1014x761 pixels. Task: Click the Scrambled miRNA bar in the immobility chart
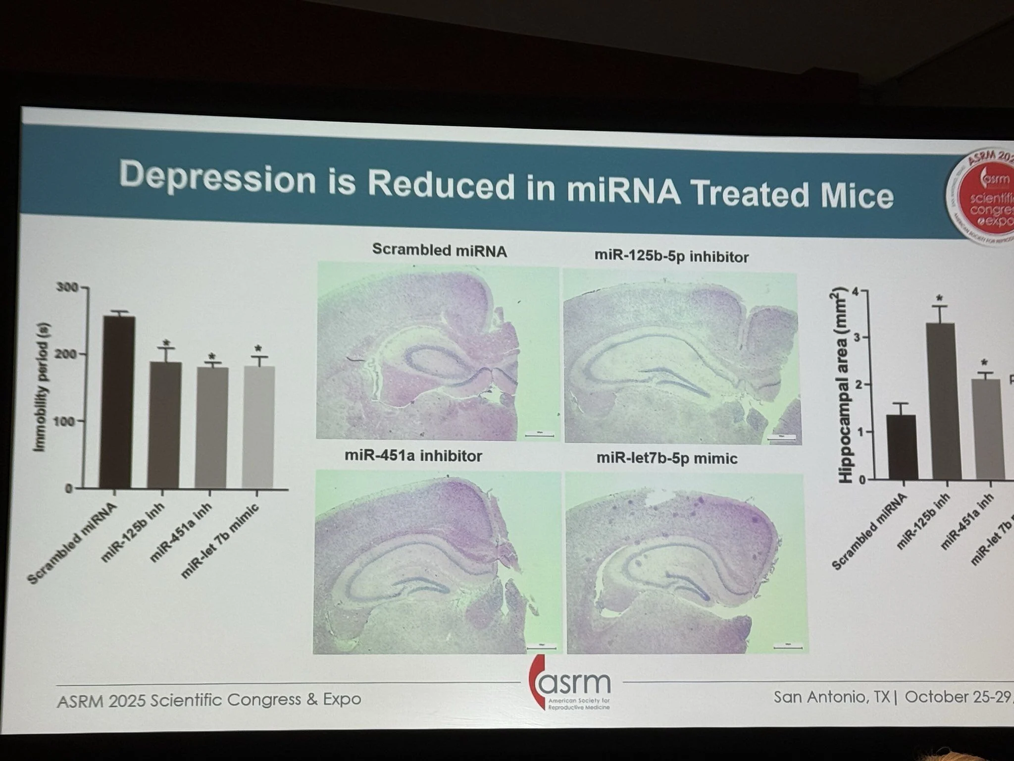coord(116,401)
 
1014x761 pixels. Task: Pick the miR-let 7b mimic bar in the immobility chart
coord(258,427)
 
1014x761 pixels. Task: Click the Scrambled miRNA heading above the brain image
coord(439,250)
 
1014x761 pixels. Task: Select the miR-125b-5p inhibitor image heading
coord(671,256)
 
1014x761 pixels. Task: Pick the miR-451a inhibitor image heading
coord(413,456)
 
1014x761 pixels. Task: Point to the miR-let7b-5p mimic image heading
coord(667,458)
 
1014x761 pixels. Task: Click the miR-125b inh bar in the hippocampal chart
coord(947,401)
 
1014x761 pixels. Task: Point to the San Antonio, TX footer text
coord(832,697)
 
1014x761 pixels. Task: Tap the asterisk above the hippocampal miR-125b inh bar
coord(939,298)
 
